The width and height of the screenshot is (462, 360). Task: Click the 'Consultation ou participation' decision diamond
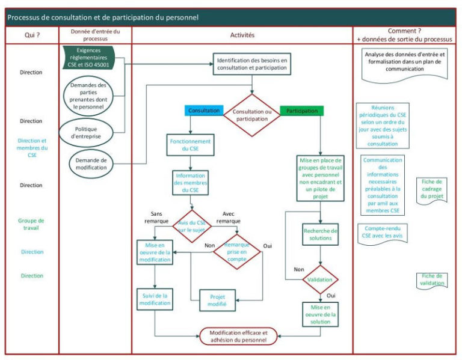252,115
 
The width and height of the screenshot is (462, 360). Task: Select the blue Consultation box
204,111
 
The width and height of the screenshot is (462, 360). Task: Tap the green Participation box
302,111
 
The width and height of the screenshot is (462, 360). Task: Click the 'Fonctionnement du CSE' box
190,145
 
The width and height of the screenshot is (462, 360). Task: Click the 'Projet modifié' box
218,301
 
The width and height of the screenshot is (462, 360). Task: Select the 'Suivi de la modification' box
156,299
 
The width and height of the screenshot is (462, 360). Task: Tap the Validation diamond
319,279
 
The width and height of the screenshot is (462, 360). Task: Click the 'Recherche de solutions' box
319,234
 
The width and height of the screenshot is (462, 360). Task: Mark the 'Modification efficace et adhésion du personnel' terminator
238,336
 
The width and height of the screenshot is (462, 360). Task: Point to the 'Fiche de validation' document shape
432,279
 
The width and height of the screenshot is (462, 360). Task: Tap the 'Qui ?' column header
32,35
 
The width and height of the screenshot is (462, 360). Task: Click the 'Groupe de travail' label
31,224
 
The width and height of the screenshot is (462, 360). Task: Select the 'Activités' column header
242,35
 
